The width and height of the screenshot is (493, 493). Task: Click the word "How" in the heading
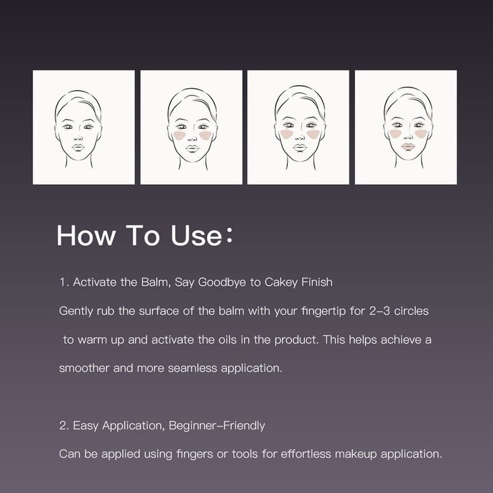[86, 235]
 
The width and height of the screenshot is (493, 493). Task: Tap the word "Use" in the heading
[197, 235]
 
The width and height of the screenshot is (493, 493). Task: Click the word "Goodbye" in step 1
[222, 282]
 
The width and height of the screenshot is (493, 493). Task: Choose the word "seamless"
[192, 368]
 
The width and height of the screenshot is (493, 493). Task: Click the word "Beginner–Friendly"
[217, 426]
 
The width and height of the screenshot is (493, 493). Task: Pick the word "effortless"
[306, 454]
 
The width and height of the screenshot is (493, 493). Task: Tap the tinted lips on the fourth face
[408, 147]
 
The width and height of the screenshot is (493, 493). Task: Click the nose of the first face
[78, 137]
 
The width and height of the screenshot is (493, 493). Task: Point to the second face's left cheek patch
[179, 135]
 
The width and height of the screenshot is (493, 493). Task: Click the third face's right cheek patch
[313, 134]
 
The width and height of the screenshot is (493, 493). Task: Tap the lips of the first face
[78, 147]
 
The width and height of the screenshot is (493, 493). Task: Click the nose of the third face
[300, 136]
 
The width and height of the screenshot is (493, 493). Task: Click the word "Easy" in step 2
[85, 426]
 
